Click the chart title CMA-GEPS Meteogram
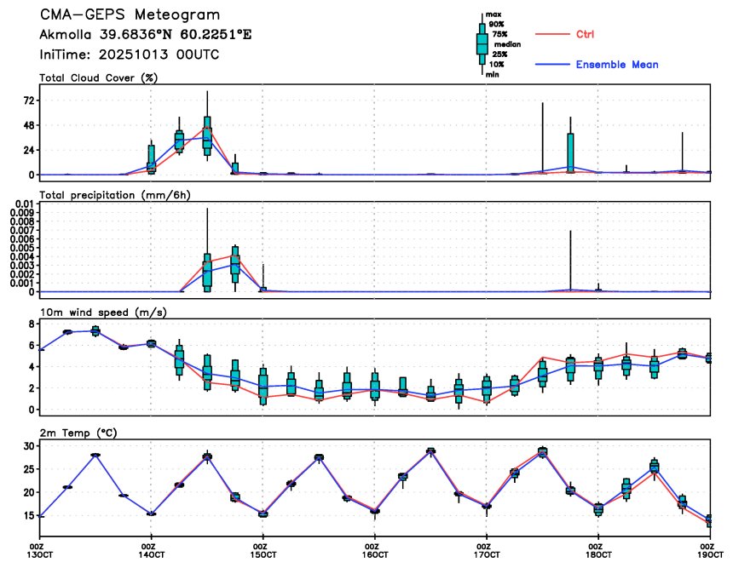tap(130, 15)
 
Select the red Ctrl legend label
tap(585, 34)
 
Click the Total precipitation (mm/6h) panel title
tap(115, 194)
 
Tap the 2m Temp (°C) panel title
tap(82, 431)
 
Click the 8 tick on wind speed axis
tap(30, 324)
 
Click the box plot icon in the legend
tap(482, 43)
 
